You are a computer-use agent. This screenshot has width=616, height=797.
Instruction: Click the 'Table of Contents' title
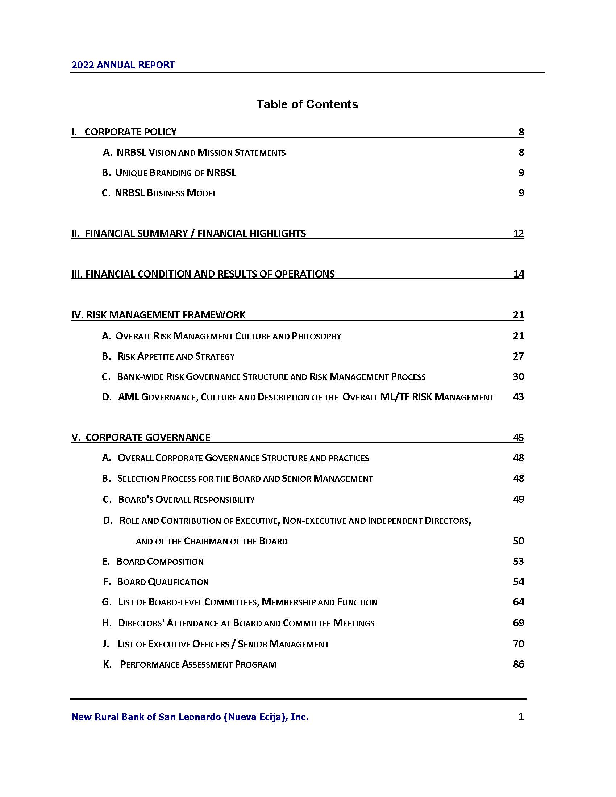pyautogui.click(x=307, y=104)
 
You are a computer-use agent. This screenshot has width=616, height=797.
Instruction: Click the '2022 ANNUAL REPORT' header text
pyautogui.click(x=123, y=65)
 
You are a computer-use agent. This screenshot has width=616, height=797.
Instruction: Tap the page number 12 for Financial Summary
pyautogui.click(x=518, y=233)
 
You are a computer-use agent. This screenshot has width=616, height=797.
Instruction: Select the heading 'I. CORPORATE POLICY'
pyautogui.click(x=124, y=132)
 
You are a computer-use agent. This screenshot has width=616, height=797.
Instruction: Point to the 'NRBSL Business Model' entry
pyautogui.click(x=159, y=193)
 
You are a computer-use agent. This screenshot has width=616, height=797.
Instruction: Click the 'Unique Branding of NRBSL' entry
pyautogui.click(x=169, y=172)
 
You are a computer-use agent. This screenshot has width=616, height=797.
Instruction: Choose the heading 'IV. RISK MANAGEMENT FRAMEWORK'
pyautogui.click(x=158, y=314)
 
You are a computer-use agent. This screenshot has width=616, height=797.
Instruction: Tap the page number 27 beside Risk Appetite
pyautogui.click(x=518, y=356)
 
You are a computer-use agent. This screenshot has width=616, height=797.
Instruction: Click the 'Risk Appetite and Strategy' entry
pyautogui.click(x=168, y=356)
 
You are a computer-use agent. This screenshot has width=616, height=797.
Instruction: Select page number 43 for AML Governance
pyautogui.click(x=518, y=397)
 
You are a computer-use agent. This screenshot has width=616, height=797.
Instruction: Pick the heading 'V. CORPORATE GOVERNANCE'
pyautogui.click(x=141, y=437)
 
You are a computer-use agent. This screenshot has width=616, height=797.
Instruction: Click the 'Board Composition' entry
pyautogui.click(x=153, y=561)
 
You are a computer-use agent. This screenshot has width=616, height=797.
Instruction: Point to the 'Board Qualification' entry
pyautogui.click(x=156, y=582)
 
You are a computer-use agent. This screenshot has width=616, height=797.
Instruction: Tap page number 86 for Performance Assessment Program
pyautogui.click(x=518, y=664)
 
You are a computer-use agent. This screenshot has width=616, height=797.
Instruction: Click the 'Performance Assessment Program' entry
pyautogui.click(x=190, y=664)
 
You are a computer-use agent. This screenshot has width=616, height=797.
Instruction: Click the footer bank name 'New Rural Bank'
pyautogui.click(x=190, y=717)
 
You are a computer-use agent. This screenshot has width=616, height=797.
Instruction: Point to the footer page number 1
pyautogui.click(x=521, y=717)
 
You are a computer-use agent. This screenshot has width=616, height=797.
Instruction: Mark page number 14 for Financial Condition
pyautogui.click(x=518, y=274)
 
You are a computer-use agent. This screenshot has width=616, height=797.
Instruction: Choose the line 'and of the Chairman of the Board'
pyautogui.click(x=212, y=541)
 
